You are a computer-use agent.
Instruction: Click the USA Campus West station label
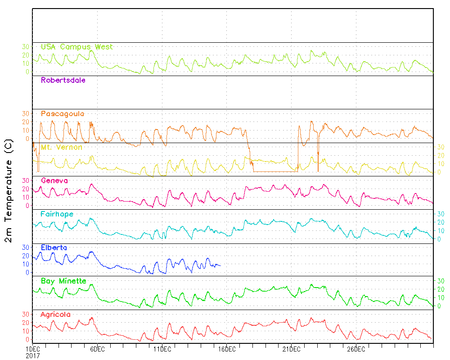tap(76, 47)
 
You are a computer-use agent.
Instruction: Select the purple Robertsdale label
tap(63, 81)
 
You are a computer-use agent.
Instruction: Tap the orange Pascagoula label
tap(63, 114)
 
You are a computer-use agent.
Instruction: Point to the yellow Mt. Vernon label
tap(61, 147)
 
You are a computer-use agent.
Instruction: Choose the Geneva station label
tap(54, 180)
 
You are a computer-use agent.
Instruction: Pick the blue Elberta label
tap(54, 247)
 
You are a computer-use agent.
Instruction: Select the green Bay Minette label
tap(63, 281)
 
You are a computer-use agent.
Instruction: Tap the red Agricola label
tap(56, 315)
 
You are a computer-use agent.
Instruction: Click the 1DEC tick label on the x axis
tap(33, 349)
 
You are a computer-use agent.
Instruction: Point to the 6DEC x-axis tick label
tap(98, 349)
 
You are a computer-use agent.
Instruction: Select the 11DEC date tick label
tap(162, 349)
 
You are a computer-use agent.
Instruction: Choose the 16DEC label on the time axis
tap(227, 349)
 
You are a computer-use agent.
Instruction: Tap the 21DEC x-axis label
tap(291, 349)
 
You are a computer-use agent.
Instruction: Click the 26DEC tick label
tap(356, 349)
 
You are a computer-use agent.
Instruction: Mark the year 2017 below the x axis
tap(33, 355)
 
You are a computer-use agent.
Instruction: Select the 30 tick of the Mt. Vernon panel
tap(441, 147)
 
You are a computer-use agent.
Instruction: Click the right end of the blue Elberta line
tap(220, 265)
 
